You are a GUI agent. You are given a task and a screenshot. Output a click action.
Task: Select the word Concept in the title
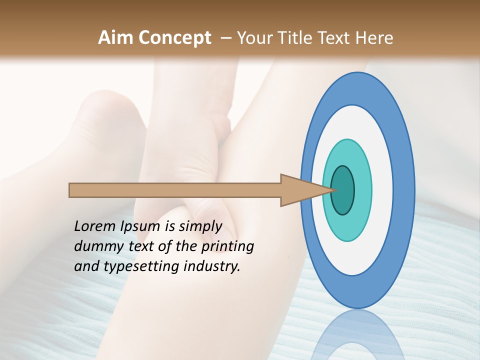[174, 38]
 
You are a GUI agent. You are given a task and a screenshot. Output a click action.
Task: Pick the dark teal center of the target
[343, 190]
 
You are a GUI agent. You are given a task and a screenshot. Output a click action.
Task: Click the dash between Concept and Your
[225, 38]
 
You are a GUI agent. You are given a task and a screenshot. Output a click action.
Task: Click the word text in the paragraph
[141, 246]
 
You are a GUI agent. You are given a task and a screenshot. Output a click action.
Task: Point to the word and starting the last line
[86, 266]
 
